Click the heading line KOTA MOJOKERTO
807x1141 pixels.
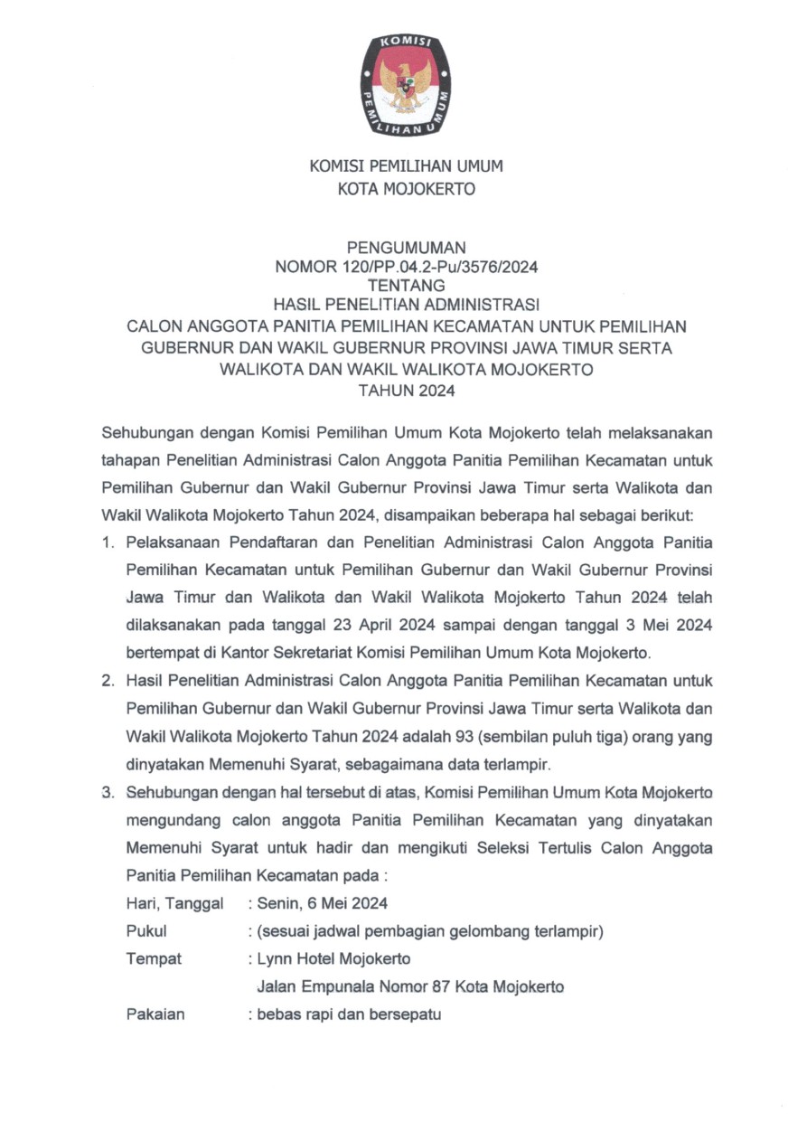click(406, 190)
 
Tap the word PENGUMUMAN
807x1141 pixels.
click(406, 247)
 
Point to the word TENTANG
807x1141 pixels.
click(406, 284)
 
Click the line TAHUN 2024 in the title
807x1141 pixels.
click(406, 391)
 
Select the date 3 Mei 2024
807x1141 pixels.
click(664, 624)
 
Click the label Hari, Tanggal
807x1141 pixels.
click(174, 903)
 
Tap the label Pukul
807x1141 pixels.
click(146, 930)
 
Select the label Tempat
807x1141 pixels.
click(154, 958)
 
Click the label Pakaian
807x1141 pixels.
click(155, 1014)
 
